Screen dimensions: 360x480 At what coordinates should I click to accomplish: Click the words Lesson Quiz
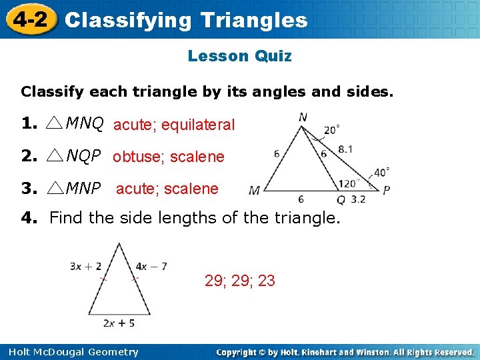pos(239,56)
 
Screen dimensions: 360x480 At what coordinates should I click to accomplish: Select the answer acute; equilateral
pos(174,125)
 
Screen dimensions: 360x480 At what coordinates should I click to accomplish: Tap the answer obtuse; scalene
pos(169,157)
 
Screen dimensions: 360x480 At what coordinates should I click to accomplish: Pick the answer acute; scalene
pos(167,189)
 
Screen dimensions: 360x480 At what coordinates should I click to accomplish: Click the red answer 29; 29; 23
pos(240,281)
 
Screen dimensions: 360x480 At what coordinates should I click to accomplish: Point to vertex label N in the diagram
pos(303,117)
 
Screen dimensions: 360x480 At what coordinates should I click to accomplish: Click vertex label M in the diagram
pos(254,191)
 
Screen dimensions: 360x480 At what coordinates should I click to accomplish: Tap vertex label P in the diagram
pos(387,191)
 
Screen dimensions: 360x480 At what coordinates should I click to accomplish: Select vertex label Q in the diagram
pos(341,199)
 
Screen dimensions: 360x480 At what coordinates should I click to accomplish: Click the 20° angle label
pos(331,130)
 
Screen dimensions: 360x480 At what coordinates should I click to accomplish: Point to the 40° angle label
pos(381,172)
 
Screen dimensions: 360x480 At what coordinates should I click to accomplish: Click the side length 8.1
pos(345,150)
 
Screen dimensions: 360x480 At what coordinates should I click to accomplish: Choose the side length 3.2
pos(358,199)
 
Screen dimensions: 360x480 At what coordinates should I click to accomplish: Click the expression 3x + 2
pos(85,266)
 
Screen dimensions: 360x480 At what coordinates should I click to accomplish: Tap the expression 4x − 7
pos(151,266)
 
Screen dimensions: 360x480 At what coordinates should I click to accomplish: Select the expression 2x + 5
pos(119,323)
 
